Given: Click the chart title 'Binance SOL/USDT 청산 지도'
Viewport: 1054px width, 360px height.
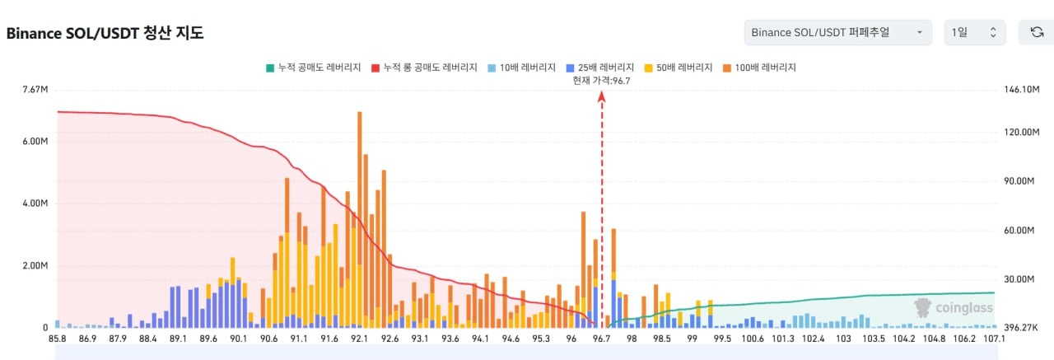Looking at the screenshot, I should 105,34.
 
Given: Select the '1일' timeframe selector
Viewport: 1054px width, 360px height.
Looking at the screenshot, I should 975,32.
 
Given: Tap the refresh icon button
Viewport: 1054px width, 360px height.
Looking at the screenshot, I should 1037,32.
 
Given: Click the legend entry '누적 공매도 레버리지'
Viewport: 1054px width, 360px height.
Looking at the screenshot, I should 313,68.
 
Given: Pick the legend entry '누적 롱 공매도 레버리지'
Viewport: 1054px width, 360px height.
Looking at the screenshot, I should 424,68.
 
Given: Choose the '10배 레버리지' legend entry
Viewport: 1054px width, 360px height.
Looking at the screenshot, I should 519,68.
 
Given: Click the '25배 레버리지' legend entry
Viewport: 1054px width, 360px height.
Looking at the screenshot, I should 599,68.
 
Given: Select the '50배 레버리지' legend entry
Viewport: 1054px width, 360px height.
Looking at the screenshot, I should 679,68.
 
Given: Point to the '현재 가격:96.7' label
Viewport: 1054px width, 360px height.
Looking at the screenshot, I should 601,80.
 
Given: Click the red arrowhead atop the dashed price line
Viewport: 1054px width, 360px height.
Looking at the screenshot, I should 602,96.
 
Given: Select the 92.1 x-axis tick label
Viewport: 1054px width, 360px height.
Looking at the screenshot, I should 359,338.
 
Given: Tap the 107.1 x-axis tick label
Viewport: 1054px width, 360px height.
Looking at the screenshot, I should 994,338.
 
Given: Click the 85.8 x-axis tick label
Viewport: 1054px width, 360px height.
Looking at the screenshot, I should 58,338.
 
